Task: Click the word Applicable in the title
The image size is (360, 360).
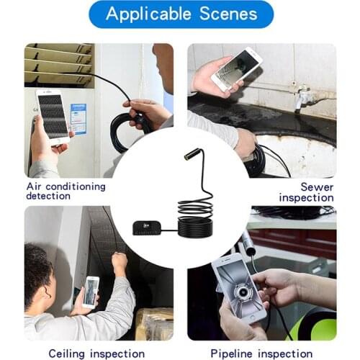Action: [148, 14]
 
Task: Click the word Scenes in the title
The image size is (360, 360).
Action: [228, 14]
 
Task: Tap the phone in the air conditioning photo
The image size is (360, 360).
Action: [53, 117]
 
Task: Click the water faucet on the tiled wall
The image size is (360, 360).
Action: [302, 96]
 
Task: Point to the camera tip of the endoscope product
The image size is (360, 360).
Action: [189, 153]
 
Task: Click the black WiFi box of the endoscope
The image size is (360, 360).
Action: [148, 228]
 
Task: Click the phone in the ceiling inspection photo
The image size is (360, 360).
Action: [91, 292]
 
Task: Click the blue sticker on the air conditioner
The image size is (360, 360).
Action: [78, 119]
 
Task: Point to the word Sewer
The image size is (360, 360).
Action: [317, 187]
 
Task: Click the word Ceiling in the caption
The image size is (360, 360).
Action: [66, 354]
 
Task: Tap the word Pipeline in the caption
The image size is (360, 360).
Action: [231, 354]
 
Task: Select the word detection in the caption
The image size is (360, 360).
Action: [48, 196]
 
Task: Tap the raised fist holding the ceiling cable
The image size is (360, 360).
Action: [120, 261]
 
